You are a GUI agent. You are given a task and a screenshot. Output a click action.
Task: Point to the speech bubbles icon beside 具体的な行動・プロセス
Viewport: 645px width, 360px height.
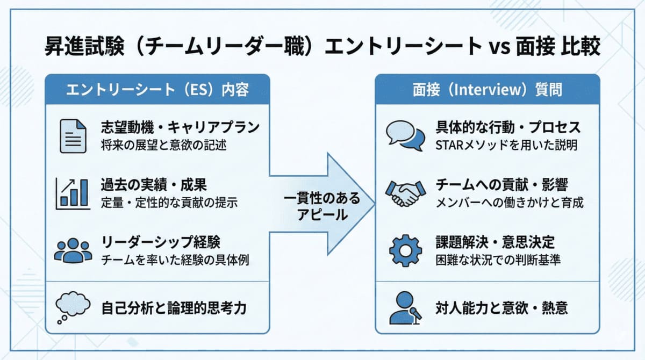coord(404,136)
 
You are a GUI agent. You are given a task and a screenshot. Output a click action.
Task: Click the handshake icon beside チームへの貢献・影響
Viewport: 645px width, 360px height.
coord(404,193)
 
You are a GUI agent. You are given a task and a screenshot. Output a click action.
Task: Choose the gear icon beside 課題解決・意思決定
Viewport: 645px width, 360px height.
coord(404,249)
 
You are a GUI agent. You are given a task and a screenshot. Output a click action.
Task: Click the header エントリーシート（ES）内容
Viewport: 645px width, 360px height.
coord(157,89)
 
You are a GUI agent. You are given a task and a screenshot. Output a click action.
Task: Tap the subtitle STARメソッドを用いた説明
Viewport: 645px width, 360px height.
coord(506,145)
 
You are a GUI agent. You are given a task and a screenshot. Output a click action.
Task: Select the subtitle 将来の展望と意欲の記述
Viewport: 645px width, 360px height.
coord(162,145)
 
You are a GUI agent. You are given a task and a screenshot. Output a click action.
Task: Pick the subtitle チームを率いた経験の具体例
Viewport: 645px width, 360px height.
coord(175,260)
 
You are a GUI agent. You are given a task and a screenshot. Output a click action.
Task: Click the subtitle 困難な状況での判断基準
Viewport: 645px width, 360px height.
coord(498,260)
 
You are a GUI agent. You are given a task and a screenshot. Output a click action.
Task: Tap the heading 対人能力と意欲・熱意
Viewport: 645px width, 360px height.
coord(501,308)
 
